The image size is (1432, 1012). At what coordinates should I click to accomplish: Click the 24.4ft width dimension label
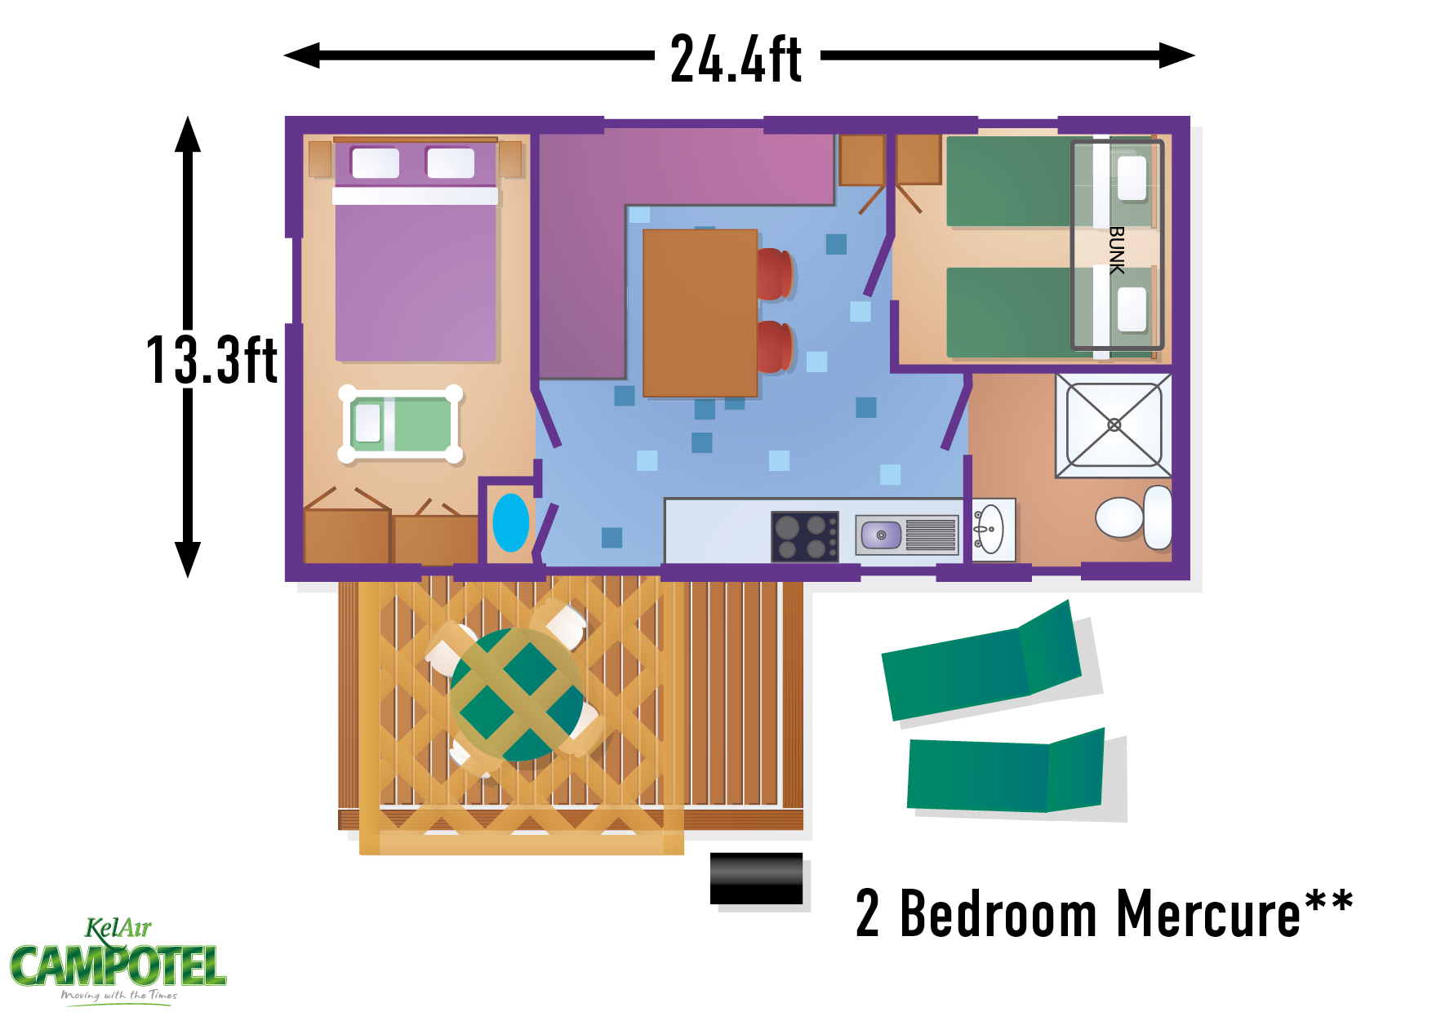[x=736, y=59]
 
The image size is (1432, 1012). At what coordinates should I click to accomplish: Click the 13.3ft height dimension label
[x=211, y=359]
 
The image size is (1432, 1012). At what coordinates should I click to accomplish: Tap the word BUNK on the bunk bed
[x=1117, y=250]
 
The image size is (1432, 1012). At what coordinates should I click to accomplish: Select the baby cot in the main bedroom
[x=400, y=424]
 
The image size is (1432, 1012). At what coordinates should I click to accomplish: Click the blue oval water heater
[x=511, y=522]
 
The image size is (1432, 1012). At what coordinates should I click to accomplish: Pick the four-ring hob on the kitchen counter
[x=805, y=536]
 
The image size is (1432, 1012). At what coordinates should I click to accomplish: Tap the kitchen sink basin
[x=881, y=535]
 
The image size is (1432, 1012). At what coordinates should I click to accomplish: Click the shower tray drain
[x=1114, y=424]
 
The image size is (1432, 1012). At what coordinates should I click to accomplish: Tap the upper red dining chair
[x=774, y=273]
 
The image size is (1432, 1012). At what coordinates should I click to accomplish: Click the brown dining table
[x=700, y=313]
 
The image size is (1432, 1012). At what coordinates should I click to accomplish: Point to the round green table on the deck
[x=517, y=695]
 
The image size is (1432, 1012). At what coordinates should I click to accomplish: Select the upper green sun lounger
[x=982, y=662]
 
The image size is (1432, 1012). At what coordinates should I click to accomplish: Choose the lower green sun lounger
[x=1006, y=772]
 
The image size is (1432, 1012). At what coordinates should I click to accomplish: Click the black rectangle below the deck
[x=756, y=878]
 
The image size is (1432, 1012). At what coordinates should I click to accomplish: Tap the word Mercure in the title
[x=1208, y=914]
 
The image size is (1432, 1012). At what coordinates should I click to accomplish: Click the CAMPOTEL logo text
[x=118, y=966]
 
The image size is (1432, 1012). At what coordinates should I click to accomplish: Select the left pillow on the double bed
[x=376, y=162]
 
